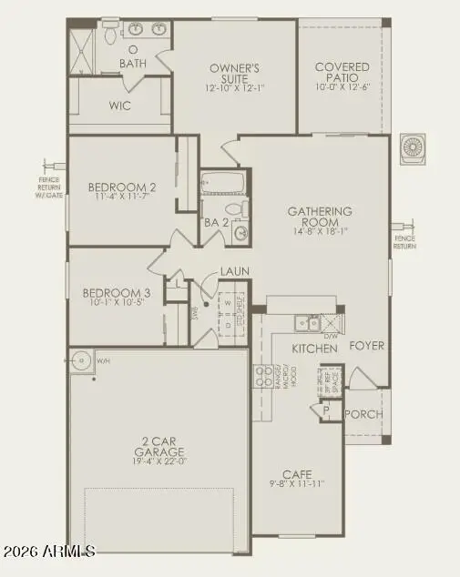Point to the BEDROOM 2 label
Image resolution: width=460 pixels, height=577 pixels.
coord(122,188)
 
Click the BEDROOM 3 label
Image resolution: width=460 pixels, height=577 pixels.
coord(117,293)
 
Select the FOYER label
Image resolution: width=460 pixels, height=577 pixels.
coord(368,346)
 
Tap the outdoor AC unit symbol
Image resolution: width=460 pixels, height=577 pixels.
coord(414,148)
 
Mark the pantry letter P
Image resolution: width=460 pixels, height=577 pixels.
coord(325,411)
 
